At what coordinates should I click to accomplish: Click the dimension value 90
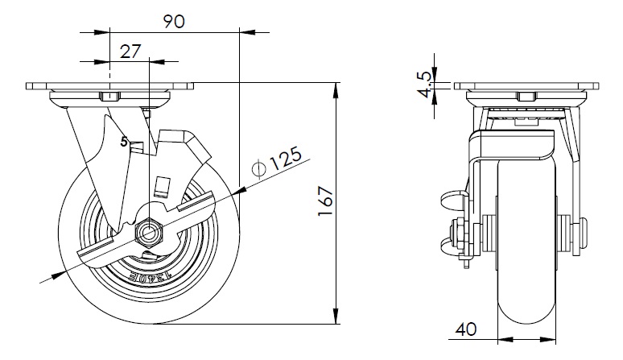[174, 22]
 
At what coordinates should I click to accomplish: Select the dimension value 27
[130, 52]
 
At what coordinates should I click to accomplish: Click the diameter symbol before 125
[258, 169]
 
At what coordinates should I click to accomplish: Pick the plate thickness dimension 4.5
[424, 85]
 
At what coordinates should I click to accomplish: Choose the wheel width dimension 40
[466, 329]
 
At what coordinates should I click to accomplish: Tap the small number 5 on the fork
[125, 142]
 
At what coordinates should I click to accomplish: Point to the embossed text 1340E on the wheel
[150, 278]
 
